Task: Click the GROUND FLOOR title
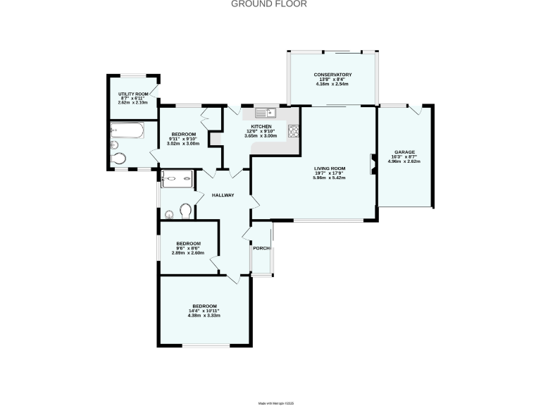270,4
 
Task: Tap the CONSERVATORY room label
332,75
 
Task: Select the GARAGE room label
404,152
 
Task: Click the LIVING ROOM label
330,168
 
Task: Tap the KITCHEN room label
261,127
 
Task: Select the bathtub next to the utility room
128,130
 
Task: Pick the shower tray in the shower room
176,179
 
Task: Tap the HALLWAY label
223,195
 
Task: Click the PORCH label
261,247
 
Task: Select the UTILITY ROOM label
132,94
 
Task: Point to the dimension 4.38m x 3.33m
204,315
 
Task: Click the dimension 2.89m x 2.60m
189,252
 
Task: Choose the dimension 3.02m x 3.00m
184,144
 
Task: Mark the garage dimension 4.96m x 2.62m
404,161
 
